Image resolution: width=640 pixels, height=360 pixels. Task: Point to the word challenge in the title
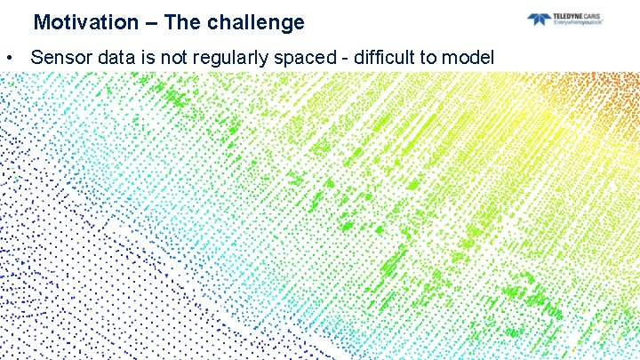click(x=255, y=22)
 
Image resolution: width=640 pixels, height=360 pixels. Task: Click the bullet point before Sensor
click(x=7, y=58)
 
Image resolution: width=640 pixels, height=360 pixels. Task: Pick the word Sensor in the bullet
click(x=59, y=58)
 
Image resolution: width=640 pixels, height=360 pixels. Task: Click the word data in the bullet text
click(x=112, y=58)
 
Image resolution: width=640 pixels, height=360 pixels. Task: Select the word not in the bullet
click(x=166, y=58)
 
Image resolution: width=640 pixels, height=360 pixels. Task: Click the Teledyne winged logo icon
click(x=539, y=19)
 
